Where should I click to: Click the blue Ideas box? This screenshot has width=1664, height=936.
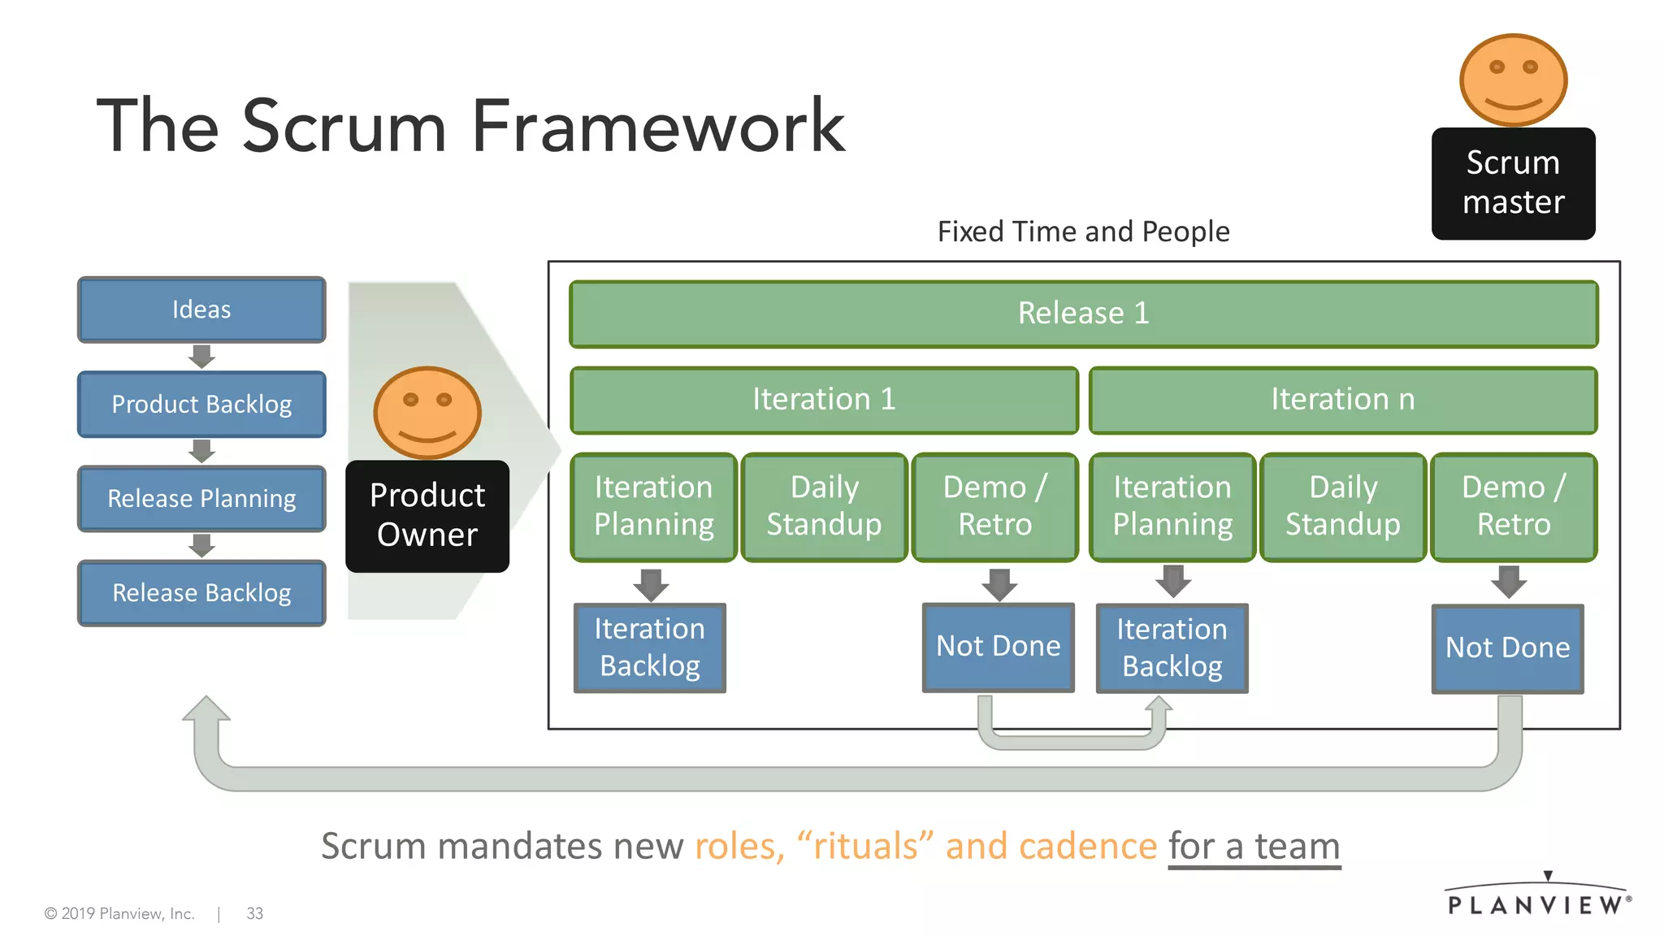201,310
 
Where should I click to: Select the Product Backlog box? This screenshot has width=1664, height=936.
201,404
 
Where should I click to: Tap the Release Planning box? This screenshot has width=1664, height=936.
201,498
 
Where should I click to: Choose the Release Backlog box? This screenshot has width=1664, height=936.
201,592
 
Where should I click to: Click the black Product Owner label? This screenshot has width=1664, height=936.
427,515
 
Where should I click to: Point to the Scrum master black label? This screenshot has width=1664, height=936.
1513,183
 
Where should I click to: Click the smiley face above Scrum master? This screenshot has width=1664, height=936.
1513,80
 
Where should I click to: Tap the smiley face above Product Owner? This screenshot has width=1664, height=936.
427,412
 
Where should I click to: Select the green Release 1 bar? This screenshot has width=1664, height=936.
1083,314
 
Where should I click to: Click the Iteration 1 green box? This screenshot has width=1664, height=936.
824,400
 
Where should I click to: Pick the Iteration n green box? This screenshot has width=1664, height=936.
1342,400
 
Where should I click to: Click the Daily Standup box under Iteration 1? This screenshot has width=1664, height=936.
824,506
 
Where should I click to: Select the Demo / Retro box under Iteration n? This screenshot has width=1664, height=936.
1513,506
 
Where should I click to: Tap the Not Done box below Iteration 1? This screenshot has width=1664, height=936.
998,647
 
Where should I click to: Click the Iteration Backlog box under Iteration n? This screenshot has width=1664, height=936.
1172,648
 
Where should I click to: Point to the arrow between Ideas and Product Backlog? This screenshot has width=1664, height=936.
201,357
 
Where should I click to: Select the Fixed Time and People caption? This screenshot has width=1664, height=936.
1083,232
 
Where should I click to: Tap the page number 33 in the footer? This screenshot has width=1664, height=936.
254,913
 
